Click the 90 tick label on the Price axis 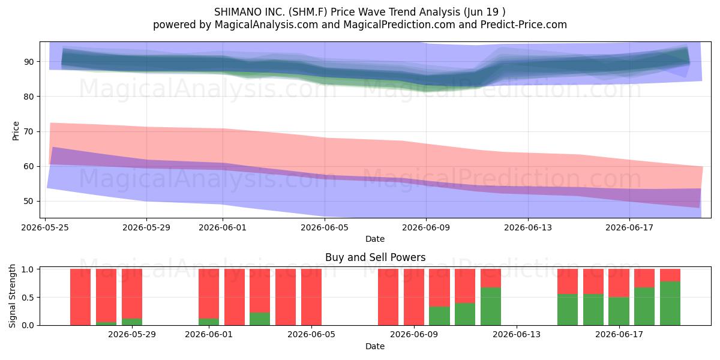[x=29, y=62]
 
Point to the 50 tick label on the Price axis [x=29, y=201]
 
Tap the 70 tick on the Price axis [x=29, y=131]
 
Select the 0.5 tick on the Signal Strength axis [x=28, y=298]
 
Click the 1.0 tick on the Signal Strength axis [x=28, y=269]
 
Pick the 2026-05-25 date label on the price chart [x=45, y=227]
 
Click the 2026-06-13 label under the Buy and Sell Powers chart [x=517, y=334]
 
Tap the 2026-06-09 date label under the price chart [x=426, y=227]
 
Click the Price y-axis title [x=16, y=131]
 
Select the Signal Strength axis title [x=12, y=296]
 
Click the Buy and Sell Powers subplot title [x=375, y=257]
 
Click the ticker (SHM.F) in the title [x=308, y=12]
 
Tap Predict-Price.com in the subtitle [x=524, y=25]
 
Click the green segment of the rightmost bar [x=670, y=303]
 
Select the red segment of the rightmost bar [x=670, y=275]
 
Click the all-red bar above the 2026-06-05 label [x=311, y=297]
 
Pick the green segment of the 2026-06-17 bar [x=619, y=311]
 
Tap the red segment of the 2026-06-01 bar [x=209, y=294]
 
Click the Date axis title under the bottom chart [x=375, y=346]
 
